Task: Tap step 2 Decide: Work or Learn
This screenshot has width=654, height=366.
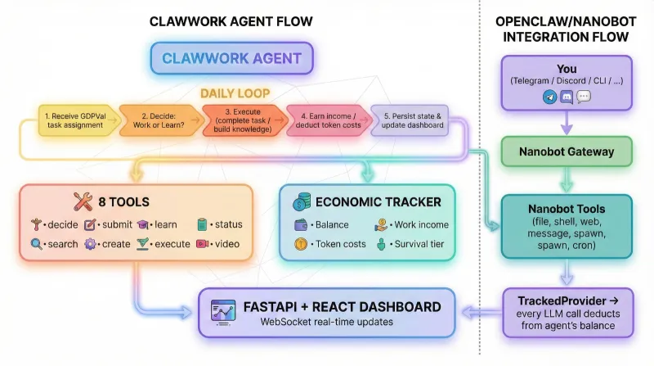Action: click(x=159, y=120)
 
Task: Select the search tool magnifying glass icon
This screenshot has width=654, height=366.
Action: click(x=36, y=244)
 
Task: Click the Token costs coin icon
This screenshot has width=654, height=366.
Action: click(x=301, y=244)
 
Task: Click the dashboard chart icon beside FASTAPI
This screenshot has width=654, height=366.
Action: click(x=221, y=312)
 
